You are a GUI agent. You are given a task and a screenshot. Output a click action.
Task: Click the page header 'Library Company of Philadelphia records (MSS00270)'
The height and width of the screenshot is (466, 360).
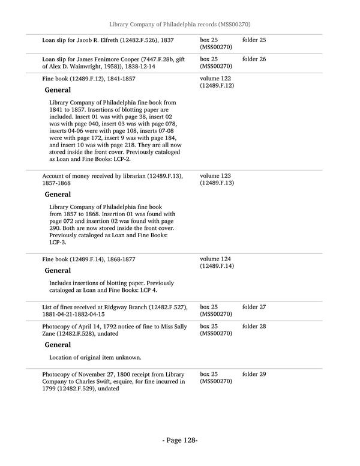(180, 24)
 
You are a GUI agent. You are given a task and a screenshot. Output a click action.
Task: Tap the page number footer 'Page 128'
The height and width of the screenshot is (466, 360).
(180, 440)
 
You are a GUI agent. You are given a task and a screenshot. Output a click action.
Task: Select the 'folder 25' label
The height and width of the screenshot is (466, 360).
(254, 40)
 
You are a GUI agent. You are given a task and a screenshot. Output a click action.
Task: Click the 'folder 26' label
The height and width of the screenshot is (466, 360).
(254, 59)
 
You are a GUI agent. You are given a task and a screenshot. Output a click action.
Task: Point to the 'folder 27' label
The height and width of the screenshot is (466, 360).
(254, 307)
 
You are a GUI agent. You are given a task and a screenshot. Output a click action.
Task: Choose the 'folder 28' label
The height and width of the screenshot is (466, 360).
(254, 326)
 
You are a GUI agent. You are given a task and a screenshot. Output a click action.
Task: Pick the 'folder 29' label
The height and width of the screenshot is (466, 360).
(254, 374)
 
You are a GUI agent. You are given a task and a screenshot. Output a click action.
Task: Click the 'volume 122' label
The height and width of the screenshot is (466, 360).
(215, 79)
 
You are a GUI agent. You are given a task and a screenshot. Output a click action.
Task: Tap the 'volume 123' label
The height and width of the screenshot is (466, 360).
(215, 175)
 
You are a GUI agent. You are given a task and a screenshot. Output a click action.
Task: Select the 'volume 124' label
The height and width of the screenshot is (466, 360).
(215, 259)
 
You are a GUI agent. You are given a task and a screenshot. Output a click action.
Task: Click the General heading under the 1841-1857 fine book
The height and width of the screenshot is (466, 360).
(58, 90)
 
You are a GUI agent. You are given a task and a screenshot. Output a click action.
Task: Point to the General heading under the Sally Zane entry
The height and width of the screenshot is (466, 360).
(58, 345)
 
